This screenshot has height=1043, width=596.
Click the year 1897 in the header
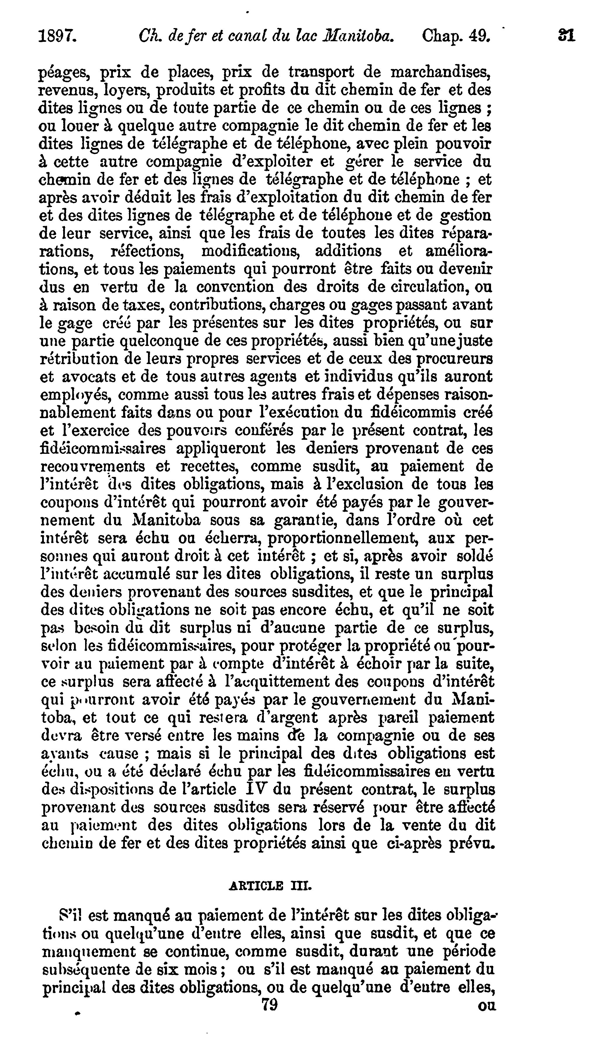tap(57, 37)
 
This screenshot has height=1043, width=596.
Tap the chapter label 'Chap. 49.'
tap(456, 37)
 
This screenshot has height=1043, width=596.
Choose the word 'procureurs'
tap(454, 359)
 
